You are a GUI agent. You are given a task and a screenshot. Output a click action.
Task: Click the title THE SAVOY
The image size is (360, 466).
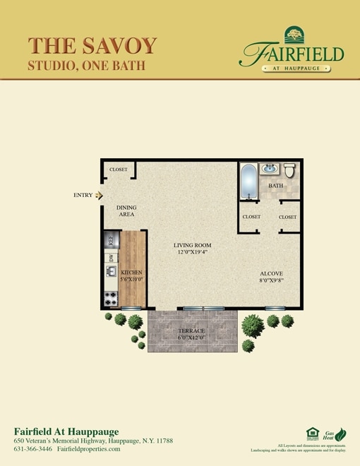[x=92, y=44]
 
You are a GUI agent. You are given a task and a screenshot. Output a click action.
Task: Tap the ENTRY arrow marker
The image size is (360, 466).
[x=100, y=195]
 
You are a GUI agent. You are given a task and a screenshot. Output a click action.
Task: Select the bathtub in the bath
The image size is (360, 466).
[x=248, y=181]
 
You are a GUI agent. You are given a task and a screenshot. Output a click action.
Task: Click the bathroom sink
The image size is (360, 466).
[x=269, y=169]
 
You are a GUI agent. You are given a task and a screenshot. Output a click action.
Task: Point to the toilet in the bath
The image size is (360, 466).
[x=289, y=170]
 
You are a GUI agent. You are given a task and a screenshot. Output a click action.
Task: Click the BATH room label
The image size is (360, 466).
[x=275, y=186]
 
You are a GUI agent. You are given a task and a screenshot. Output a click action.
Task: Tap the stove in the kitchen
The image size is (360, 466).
[x=111, y=299]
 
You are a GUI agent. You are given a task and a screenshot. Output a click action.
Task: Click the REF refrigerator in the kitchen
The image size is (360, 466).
[x=111, y=240]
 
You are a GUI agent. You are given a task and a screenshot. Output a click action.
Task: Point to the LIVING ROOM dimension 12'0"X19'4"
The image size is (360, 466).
[x=193, y=251]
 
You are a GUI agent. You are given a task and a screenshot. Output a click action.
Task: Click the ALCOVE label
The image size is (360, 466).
[x=271, y=273]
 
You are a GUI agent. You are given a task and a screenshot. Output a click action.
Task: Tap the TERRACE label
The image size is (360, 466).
[x=191, y=331]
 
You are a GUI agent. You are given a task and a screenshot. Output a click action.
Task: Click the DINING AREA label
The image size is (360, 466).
[x=126, y=211]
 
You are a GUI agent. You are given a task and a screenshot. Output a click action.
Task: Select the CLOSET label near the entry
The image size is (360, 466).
[x=118, y=170]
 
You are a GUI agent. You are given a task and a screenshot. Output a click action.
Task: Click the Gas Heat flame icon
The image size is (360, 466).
[x=340, y=434]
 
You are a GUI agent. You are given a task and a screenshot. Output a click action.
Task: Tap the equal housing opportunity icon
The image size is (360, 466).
[x=313, y=434]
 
